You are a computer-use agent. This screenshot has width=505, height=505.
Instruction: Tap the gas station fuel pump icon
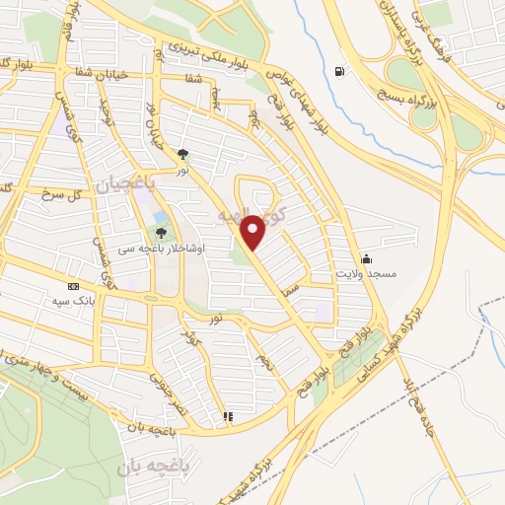coord(339,71)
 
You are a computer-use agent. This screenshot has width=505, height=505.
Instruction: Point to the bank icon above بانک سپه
coord(73,285)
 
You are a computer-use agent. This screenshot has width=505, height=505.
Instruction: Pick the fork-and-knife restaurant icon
coord(228,416)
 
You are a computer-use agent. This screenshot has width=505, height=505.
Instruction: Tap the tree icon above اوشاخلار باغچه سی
coord(160,233)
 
